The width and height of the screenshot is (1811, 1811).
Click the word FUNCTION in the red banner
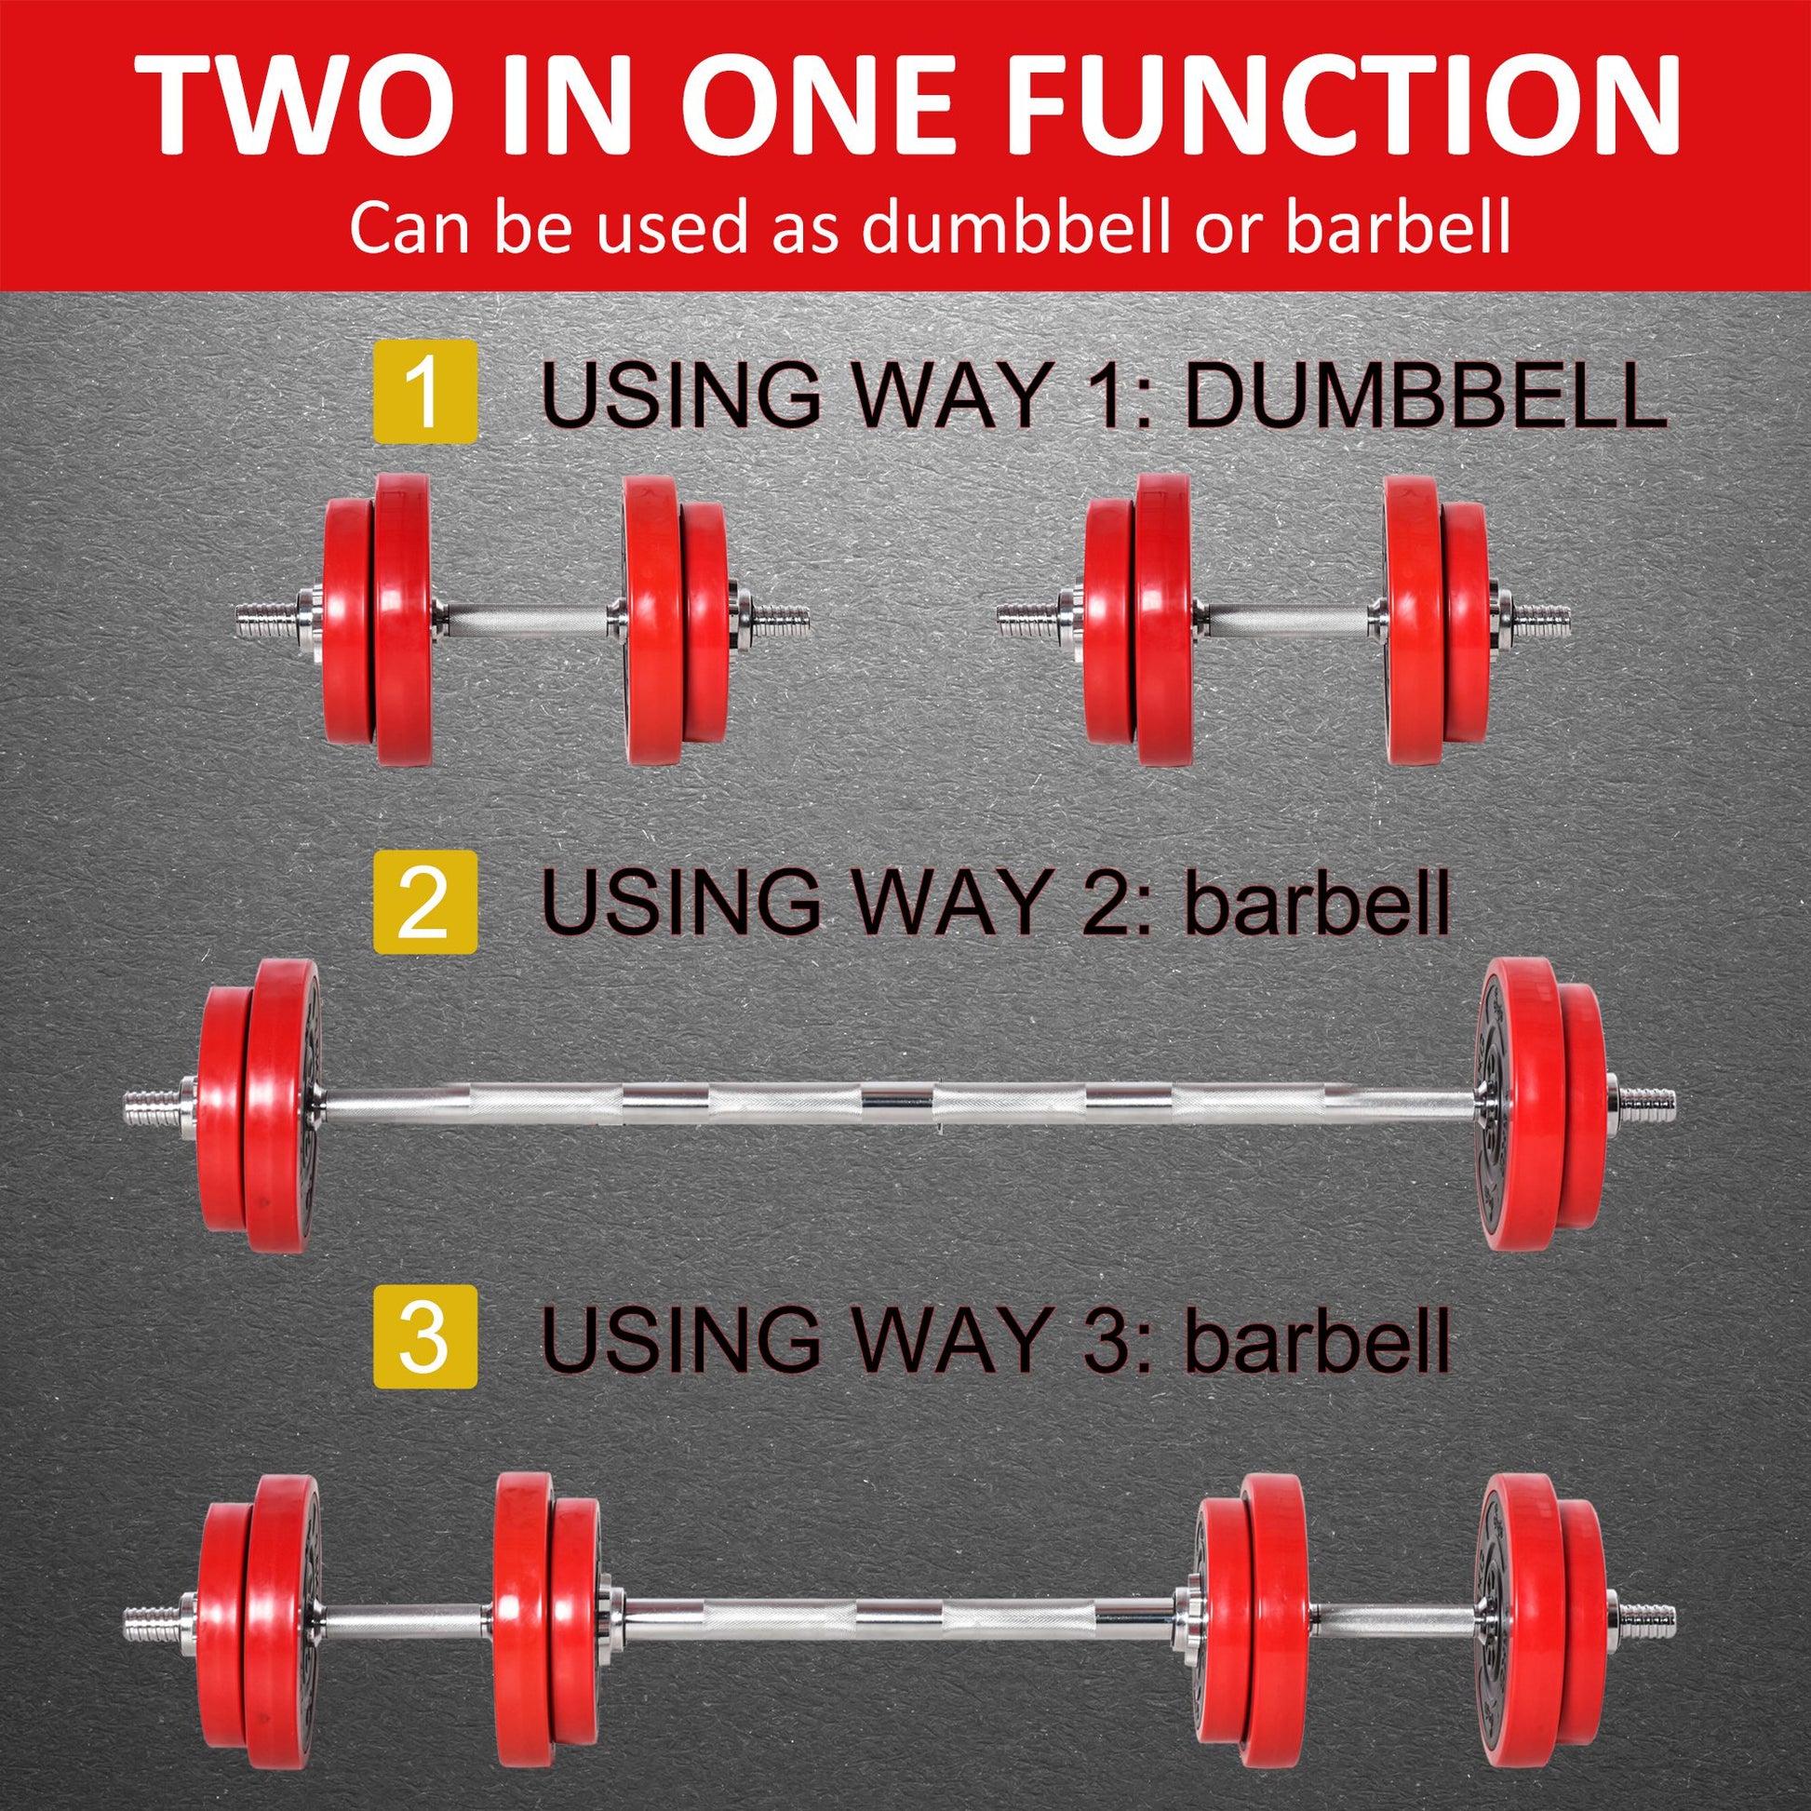[1345, 105]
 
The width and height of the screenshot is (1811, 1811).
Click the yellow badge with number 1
[424, 392]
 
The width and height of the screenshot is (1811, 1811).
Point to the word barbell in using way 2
[1317, 903]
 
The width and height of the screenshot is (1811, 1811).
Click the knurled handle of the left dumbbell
[527, 619]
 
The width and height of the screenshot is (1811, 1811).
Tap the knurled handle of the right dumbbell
[1289, 619]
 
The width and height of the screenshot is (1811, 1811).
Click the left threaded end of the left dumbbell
[265, 619]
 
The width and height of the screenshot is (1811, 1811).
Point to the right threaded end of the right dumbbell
[1540, 619]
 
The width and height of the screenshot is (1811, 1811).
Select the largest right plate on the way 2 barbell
[1519, 1104]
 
